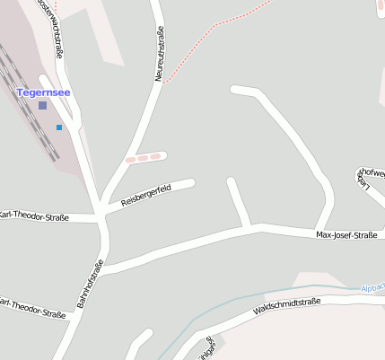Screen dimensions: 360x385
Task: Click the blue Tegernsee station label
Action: pyautogui.click(x=43, y=92)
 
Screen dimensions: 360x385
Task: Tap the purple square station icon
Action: pyautogui.click(x=42, y=105)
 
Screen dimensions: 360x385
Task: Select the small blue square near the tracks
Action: pyautogui.click(x=59, y=127)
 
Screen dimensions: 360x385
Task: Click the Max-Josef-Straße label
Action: pyautogui.click(x=346, y=236)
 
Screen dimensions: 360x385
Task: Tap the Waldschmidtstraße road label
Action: pyautogui.click(x=287, y=307)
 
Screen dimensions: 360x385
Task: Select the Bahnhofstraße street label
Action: pyautogui.click(x=90, y=284)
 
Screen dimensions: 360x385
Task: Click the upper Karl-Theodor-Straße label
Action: pyautogui.click(x=33, y=215)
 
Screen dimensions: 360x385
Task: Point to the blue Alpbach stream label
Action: pyautogui.click(x=372, y=288)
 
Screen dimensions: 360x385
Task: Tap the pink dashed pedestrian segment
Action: pyautogui.click(x=145, y=158)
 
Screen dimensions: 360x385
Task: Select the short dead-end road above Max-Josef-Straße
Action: pyautogui.click(x=238, y=203)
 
